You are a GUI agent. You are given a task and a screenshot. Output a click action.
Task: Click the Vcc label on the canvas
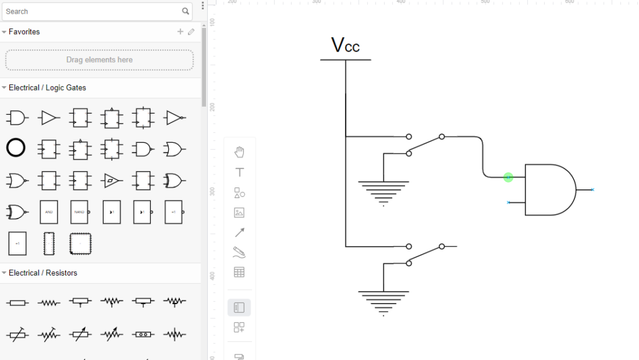coord(345,45)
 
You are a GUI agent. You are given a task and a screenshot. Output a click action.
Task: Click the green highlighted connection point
coord(508,178)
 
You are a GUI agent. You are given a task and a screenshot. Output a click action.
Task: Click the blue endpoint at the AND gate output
coord(592,189)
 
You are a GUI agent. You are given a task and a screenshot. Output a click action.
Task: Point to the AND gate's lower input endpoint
coord(509,202)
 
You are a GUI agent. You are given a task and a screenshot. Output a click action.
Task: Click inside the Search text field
coord(93,11)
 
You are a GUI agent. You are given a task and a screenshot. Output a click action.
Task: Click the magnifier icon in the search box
coord(185,11)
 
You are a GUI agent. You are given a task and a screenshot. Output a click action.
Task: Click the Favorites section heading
coord(24,32)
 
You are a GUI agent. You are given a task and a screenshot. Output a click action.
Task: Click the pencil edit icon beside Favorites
coord(191,32)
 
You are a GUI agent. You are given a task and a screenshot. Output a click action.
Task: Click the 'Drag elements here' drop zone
coord(99,60)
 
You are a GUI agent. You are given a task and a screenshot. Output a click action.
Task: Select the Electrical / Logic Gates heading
coord(47,88)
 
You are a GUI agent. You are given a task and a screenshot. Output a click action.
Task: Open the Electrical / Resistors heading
coord(43,272)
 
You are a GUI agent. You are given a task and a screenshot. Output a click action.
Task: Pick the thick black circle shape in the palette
coord(16,148)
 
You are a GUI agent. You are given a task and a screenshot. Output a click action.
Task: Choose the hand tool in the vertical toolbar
coord(239,152)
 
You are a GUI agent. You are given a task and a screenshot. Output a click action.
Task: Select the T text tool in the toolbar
coord(239,173)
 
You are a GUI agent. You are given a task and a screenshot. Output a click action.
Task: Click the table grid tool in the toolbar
coord(239,272)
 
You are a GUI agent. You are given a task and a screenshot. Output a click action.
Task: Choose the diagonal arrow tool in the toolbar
coord(239,232)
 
